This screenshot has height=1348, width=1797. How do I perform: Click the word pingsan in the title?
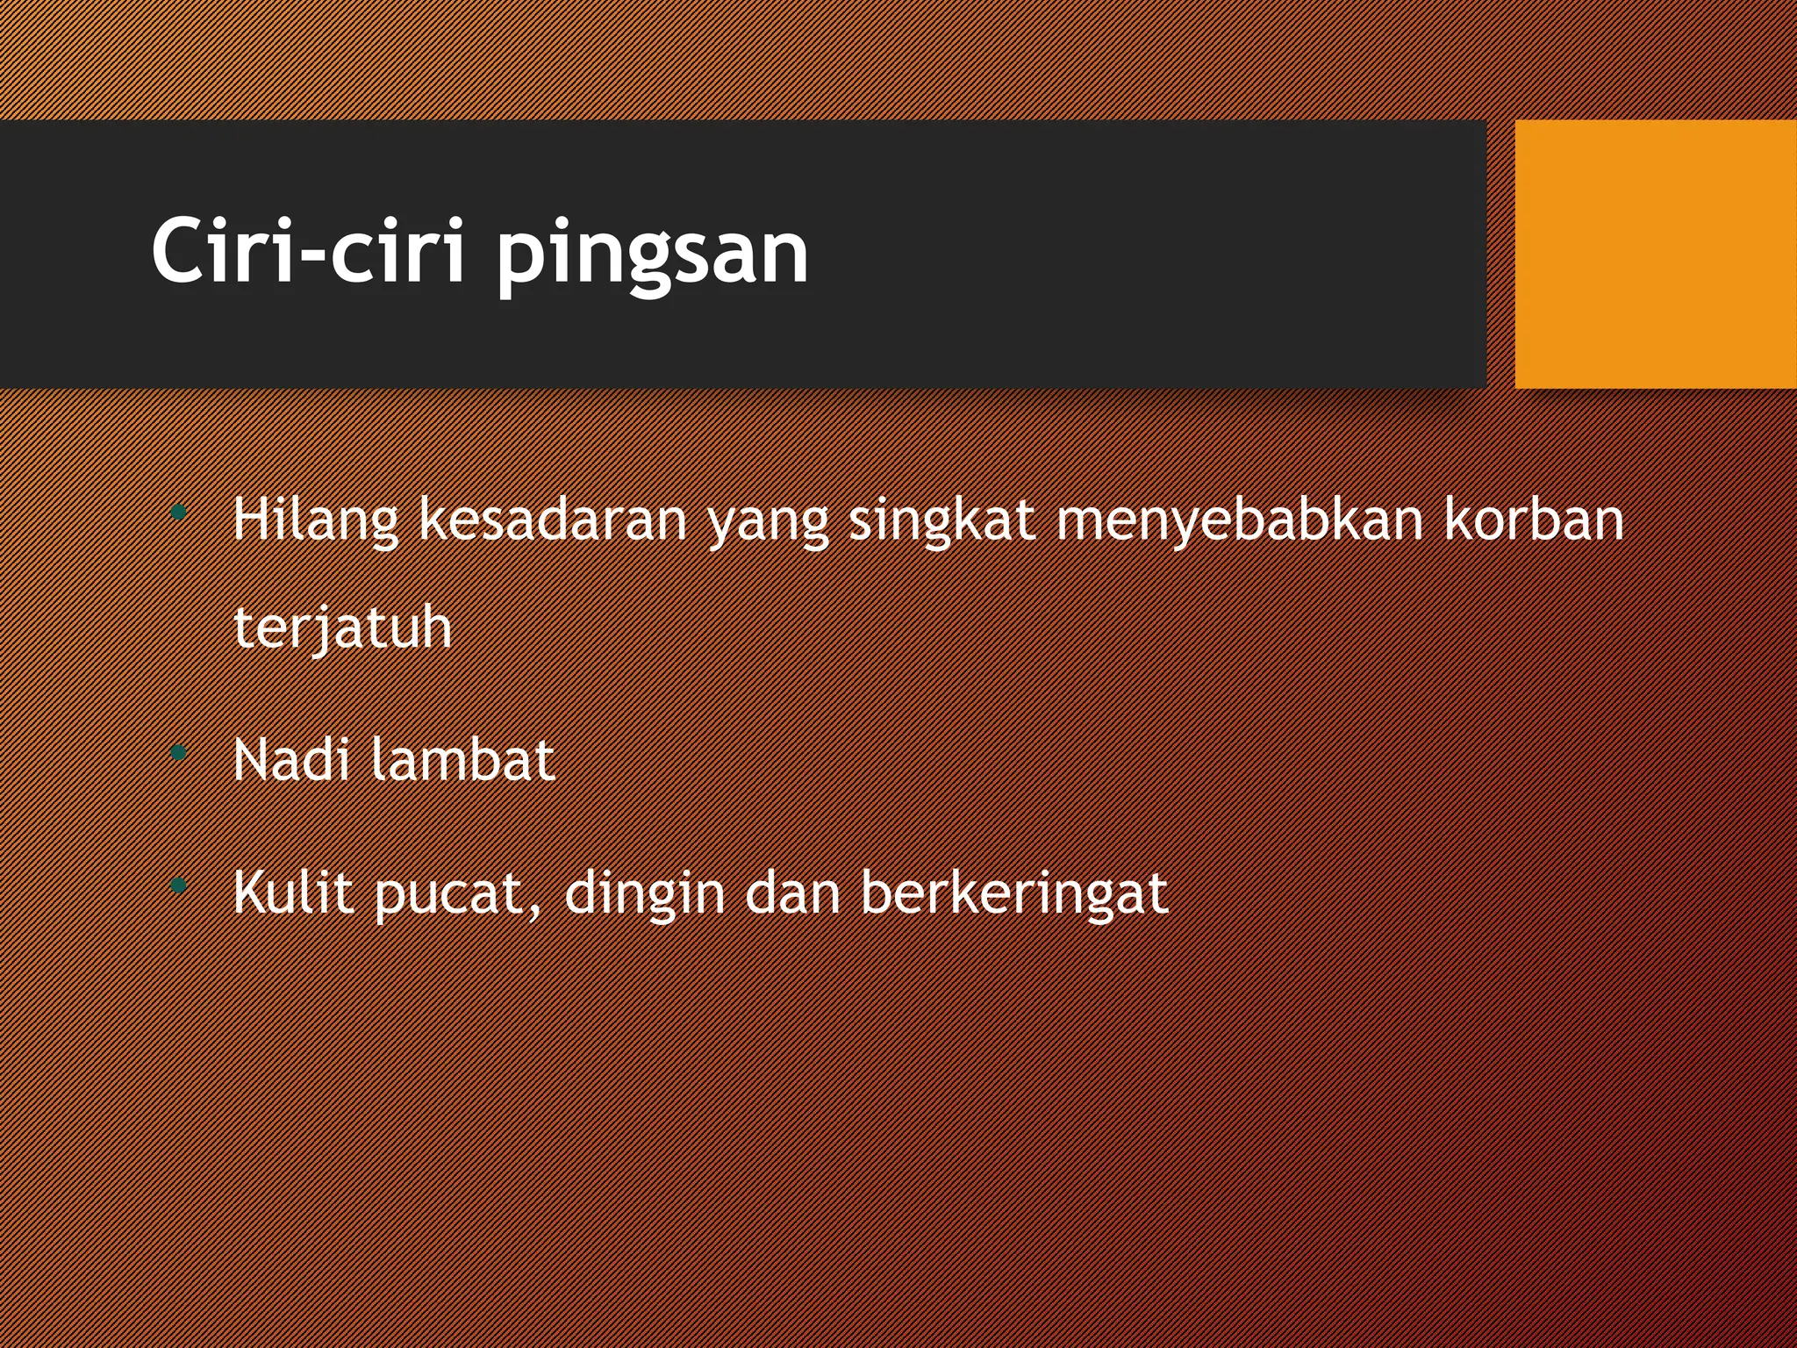pos(651,255)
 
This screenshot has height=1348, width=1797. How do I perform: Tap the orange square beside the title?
pos(1655,255)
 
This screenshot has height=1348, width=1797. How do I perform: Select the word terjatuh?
pos(342,628)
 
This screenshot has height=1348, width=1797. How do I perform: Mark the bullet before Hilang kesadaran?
pos(179,512)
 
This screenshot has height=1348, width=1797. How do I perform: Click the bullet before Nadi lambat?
pos(179,752)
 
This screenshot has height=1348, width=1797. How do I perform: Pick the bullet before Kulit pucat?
pos(179,886)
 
